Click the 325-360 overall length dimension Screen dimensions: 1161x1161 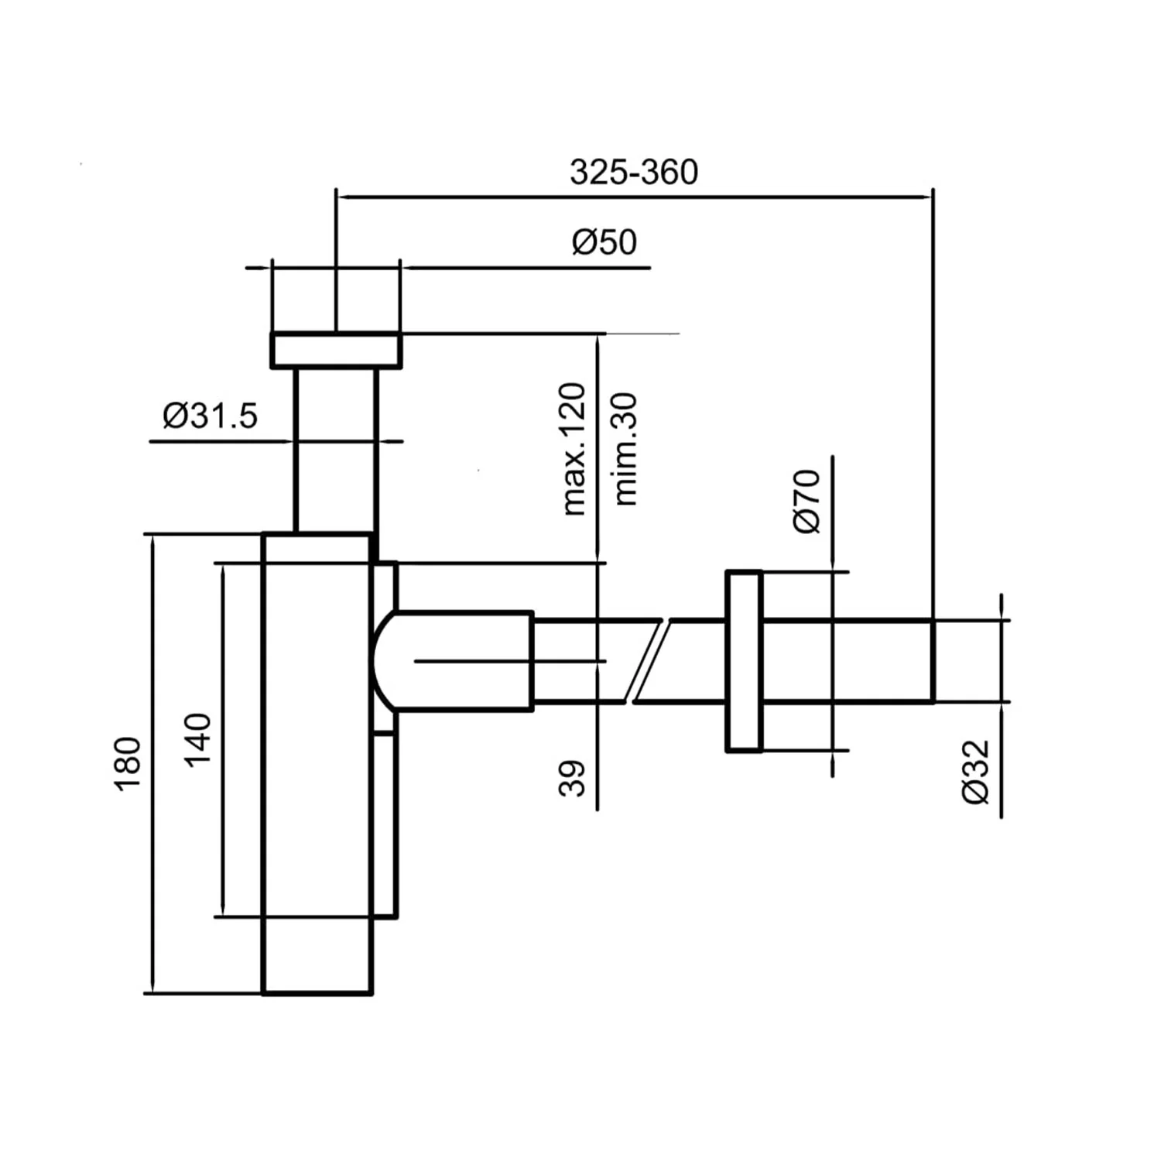click(634, 172)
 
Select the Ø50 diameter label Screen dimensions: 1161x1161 click(604, 242)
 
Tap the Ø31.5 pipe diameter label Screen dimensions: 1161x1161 click(210, 416)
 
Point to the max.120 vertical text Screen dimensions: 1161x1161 click(574, 449)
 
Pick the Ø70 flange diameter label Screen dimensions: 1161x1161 click(807, 501)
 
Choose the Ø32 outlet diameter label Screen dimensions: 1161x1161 click(977, 772)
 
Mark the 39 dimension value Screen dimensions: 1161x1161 click(573, 778)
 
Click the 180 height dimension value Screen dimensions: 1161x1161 click(128, 764)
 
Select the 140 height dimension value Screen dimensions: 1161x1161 click(198, 740)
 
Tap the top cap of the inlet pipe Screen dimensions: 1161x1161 click(336, 350)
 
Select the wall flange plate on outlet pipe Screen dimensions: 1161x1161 click(744, 661)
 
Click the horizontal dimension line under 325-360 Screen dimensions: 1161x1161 click(634, 197)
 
